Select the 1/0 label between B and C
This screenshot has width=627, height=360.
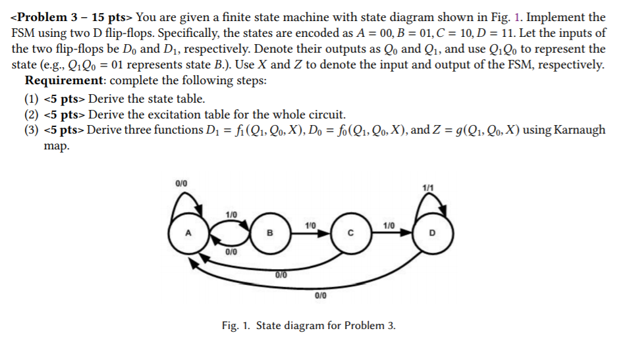coord(311,226)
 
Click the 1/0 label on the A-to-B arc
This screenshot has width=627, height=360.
coord(231,214)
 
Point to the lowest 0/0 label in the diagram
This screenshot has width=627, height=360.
coord(321,296)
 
